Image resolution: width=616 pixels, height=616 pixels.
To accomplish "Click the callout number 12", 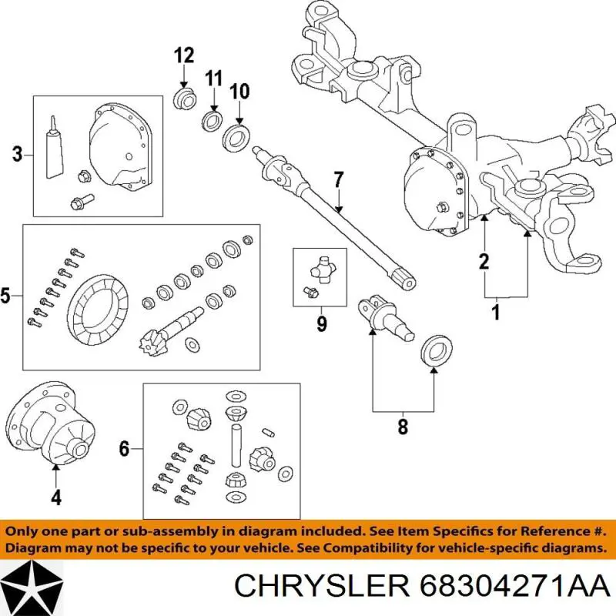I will [x=183, y=55].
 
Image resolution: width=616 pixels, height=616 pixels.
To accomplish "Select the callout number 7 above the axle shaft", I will [x=336, y=181].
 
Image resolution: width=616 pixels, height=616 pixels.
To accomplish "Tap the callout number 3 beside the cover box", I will [x=17, y=155].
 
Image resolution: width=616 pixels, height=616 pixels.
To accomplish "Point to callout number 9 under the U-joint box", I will [x=321, y=324].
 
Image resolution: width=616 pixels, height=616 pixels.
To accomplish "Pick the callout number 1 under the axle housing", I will [x=496, y=313].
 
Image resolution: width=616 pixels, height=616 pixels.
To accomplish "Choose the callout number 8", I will [x=402, y=426].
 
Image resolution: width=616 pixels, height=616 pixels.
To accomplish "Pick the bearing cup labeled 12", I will [x=183, y=99].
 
